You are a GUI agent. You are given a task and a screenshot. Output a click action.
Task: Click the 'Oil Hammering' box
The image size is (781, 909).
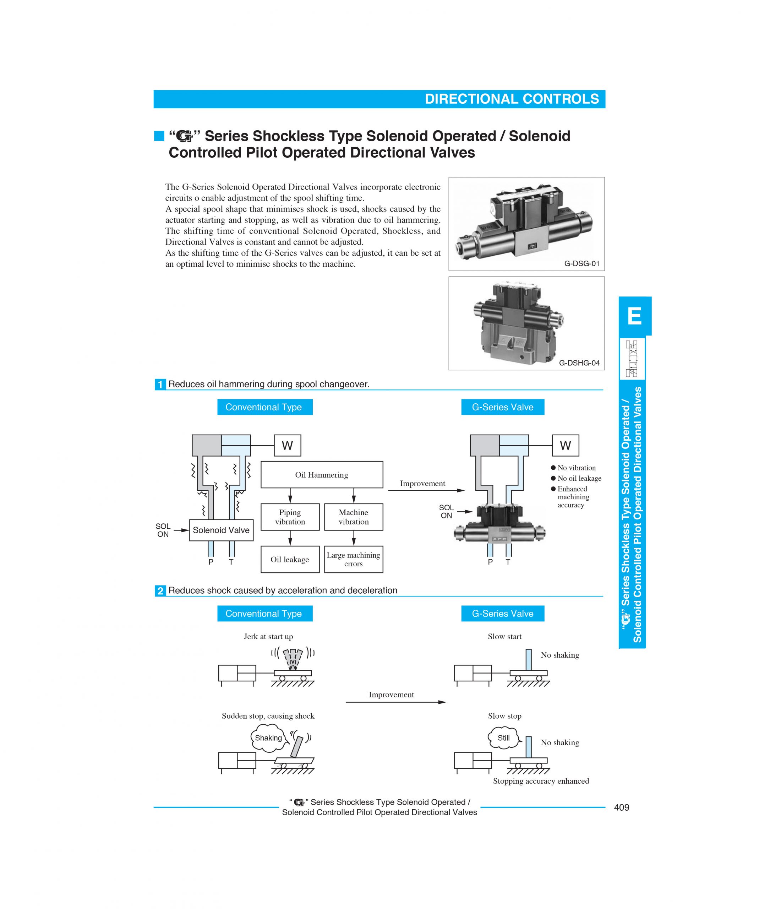(321, 475)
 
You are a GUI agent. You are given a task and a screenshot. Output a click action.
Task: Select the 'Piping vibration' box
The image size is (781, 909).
(290, 517)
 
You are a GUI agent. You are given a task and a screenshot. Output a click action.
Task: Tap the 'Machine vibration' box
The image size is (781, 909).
(354, 517)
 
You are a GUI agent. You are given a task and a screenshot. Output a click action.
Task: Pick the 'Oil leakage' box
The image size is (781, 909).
(290, 559)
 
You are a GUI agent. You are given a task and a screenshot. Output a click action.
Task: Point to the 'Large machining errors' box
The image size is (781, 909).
(354, 559)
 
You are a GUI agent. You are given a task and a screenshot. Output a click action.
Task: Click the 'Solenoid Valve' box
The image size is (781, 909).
(221, 530)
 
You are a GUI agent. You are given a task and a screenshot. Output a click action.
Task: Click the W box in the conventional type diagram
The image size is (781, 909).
(287, 446)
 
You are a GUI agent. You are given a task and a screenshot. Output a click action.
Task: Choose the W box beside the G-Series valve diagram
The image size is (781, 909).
(565, 446)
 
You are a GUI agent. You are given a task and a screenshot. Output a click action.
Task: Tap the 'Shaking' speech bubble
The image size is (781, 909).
(268, 738)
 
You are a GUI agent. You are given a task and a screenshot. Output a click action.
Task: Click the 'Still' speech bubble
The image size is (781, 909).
(503, 738)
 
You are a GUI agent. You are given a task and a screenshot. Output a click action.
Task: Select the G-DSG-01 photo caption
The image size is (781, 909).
(581, 264)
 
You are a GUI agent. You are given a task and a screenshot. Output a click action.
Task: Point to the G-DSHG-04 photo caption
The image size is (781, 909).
(579, 363)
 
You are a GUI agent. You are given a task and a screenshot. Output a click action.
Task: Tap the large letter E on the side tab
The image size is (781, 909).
(634, 316)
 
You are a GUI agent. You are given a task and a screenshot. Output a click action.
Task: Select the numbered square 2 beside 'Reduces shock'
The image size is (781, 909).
(160, 591)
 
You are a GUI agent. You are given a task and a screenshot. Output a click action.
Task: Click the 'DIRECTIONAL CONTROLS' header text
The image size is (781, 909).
(512, 99)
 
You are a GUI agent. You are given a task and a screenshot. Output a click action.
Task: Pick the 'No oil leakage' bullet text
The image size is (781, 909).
(579, 478)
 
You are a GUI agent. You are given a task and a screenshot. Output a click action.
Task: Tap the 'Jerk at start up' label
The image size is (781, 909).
(268, 637)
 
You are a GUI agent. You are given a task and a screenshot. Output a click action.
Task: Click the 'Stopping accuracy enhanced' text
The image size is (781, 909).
(541, 781)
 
